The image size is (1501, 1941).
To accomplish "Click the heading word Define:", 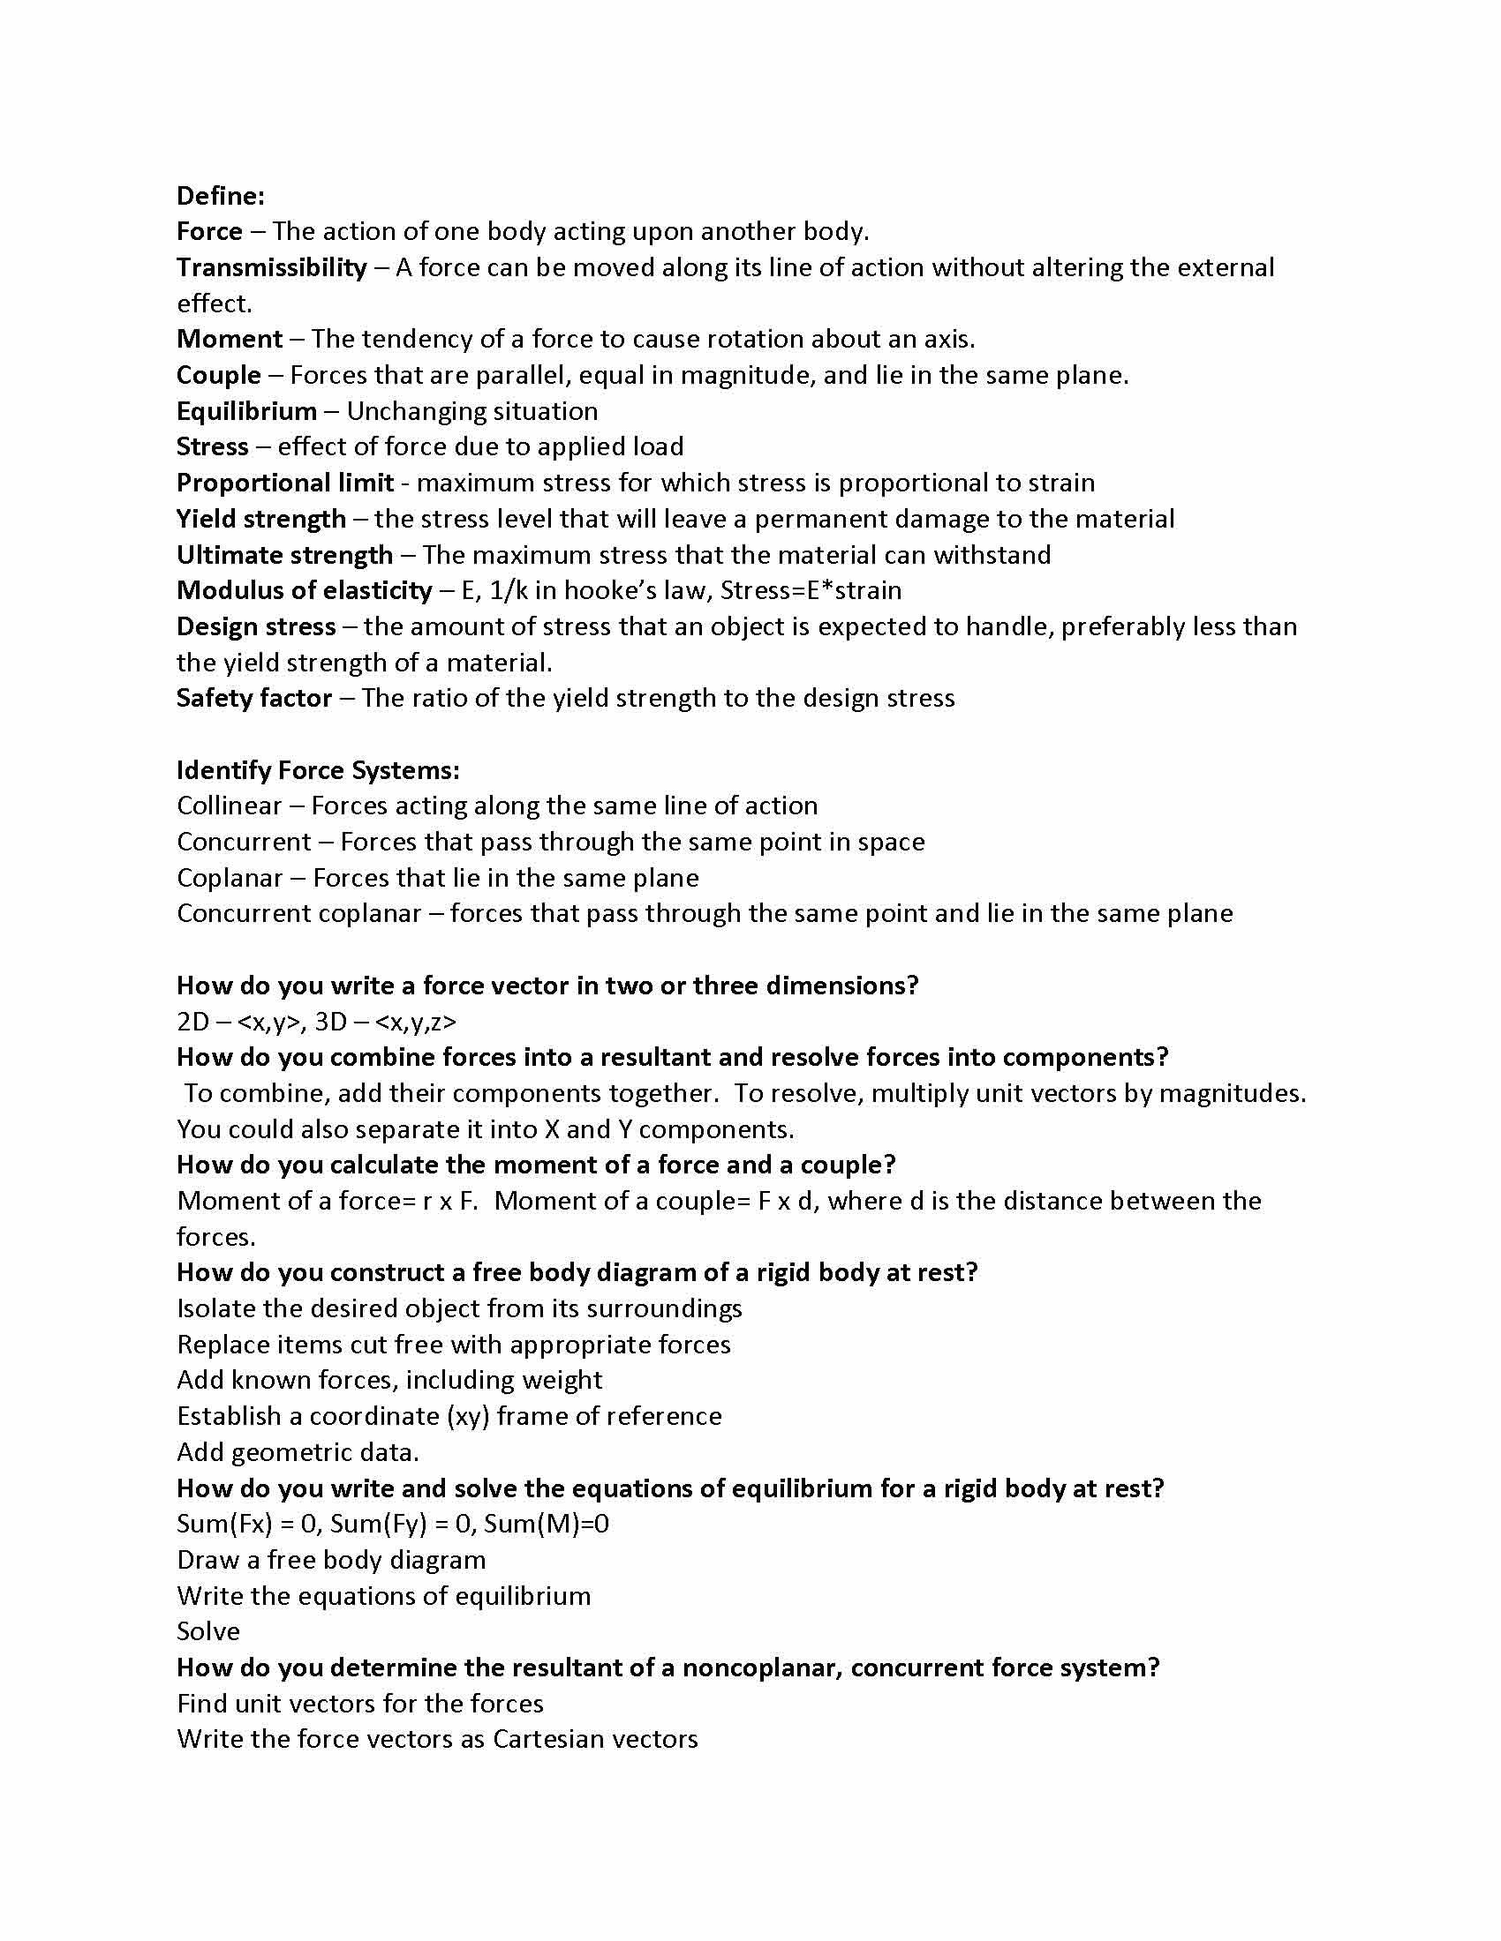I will [x=221, y=196].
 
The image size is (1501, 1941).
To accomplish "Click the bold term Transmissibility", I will [x=271, y=267].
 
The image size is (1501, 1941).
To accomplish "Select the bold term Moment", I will [x=230, y=339].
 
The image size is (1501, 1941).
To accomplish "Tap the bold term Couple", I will [x=219, y=375].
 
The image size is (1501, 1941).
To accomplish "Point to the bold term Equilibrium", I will [x=246, y=410].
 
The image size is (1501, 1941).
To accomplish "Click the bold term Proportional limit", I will [x=284, y=483].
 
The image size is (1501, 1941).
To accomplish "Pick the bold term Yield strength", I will [x=261, y=519].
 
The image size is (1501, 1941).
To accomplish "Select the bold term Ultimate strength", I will [x=284, y=555].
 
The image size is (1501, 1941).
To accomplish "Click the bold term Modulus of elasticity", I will [x=304, y=590].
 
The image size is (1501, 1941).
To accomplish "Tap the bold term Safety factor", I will [x=254, y=698].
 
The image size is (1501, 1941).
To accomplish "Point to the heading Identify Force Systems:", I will [x=319, y=769].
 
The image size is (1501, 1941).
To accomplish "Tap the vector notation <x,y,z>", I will [x=416, y=1022].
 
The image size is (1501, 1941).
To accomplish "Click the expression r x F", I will [x=450, y=1202].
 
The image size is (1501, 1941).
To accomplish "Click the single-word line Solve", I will [x=208, y=1631].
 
